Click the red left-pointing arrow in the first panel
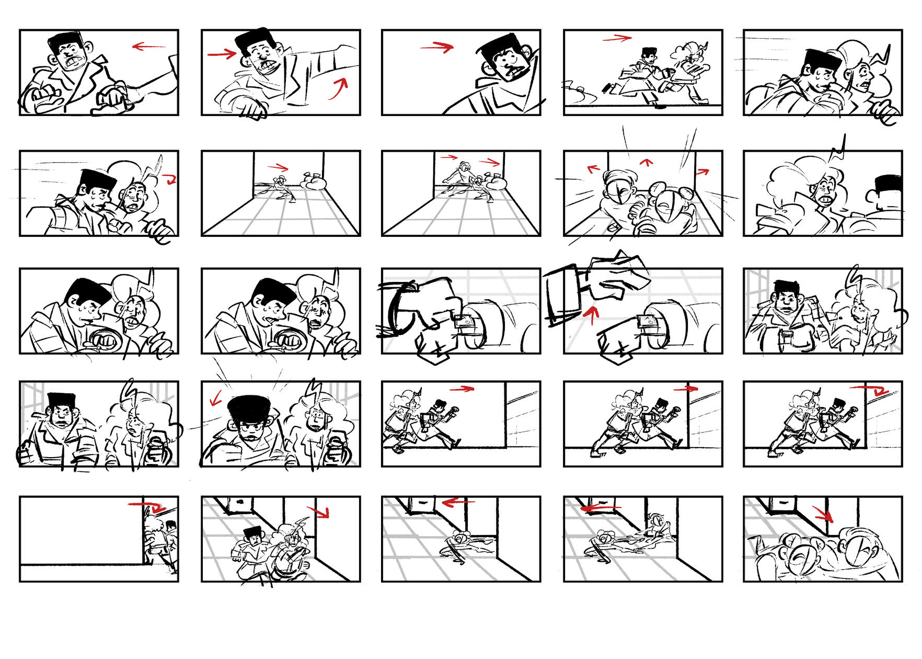pyautogui.click(x=149, y=47)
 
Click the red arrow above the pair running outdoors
pyautogui.click(x=617, y=38)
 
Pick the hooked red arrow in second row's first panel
pyautogui.click(x=169, y=180)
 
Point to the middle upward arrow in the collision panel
pyautogui.click(x=647, y=163)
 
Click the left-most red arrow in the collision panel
pyautogui.click(x=593, y=169)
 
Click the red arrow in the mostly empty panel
pyautogui.click(x=147, y=506)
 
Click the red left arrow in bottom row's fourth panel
pyautogui.click(x=600, y=507)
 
